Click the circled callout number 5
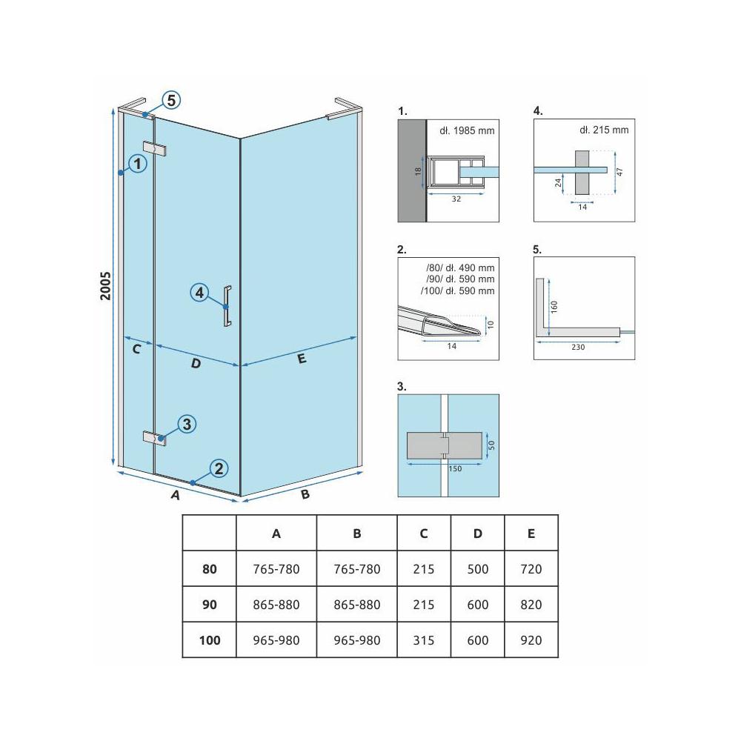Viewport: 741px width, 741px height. pos(171,100)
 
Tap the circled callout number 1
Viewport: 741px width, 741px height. pos(138,164)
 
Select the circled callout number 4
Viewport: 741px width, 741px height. pos(199,293)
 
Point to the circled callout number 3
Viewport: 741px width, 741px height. pos(187,424)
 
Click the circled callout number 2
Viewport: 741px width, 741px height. pos(219,468)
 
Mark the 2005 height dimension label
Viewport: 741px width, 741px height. pos(105,286)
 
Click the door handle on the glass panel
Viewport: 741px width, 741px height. pos(227,306)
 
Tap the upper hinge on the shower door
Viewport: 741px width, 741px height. pos(155,148)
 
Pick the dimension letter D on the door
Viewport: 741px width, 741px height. pos(196,363)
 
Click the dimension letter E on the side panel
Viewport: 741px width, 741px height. pos(302,359)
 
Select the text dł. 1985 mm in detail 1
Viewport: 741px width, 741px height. pos(467,130)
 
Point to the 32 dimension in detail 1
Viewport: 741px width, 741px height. pos(456,199)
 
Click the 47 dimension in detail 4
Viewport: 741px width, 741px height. pos(619,172)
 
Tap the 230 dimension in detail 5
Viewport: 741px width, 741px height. pos(578,347)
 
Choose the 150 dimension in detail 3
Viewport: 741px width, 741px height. pos(455,469)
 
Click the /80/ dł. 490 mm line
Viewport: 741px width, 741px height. pos(460,268)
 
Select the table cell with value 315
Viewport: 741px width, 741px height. pos(423,640)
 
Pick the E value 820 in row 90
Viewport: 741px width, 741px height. pos(531,605)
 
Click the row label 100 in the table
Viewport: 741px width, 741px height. pos(210,640)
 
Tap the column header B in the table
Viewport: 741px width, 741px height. pos(357,534)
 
